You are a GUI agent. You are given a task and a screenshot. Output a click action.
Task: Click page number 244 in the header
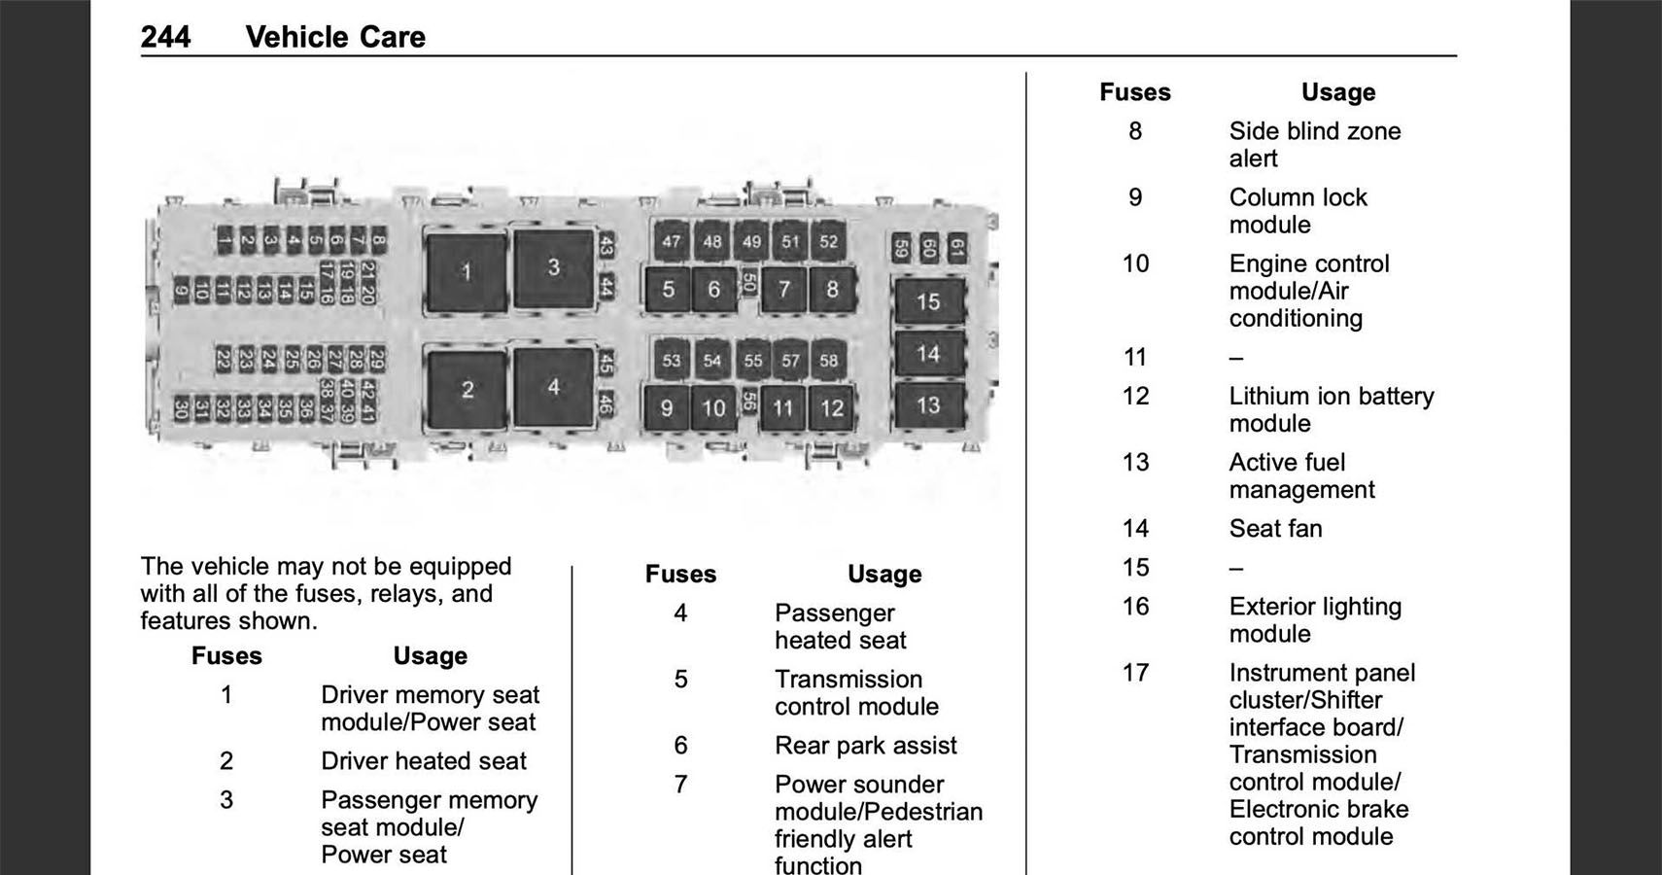(165, 37)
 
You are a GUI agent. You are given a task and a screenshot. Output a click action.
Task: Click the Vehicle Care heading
(335, 37)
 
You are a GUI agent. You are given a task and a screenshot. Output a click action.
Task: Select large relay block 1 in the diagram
(467, 272)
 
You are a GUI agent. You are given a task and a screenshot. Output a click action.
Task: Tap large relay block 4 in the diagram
(553, 387)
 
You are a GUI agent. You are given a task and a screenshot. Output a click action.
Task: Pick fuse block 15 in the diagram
(928, 301)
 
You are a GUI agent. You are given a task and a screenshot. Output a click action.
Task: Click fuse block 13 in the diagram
(928, 404)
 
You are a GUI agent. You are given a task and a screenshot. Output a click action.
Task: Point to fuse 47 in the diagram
(671, 241)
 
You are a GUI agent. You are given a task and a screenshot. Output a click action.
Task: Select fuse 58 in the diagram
(828, 361)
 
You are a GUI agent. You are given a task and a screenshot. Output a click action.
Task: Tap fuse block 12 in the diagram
(832, 408)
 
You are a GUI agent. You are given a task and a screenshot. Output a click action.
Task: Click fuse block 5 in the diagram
(668, 289)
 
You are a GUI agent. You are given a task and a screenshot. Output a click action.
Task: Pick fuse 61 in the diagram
(956, 248)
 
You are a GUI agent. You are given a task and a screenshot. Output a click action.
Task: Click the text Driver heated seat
(424, 761)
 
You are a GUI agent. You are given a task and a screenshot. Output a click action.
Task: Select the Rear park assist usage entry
(865, 746)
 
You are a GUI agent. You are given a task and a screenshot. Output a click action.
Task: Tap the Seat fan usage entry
(1275, 529)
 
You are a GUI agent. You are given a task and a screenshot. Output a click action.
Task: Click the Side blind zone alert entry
(1314, 145)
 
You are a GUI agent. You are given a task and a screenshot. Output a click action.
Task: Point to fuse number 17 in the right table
(1135, 673)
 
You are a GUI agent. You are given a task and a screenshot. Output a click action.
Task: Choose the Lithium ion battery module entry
(1331, 409)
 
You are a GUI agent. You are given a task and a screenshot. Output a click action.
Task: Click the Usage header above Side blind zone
(1337, 92)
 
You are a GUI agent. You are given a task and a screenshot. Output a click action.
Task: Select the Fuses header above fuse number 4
(680, 575)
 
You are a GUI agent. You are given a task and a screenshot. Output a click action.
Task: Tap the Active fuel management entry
(1301, 475)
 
